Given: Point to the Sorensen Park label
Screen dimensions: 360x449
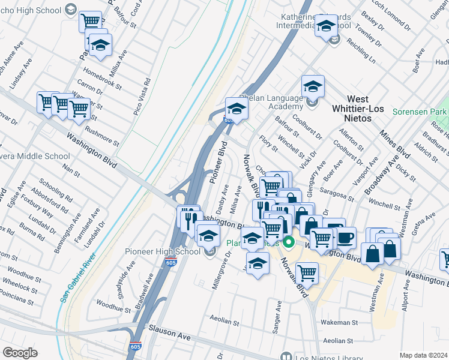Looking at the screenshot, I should point(420,112).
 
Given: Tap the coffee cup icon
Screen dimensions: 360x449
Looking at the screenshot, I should point(345,237).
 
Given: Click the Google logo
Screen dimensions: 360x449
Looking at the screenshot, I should point(20,352).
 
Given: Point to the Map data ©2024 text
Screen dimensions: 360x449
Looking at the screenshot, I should point(424,355).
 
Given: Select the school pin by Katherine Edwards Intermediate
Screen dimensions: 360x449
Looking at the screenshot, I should point(326,27).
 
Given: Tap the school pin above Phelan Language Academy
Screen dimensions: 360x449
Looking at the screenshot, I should point(313,86).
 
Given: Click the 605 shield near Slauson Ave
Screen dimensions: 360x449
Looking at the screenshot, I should point(136,347).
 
